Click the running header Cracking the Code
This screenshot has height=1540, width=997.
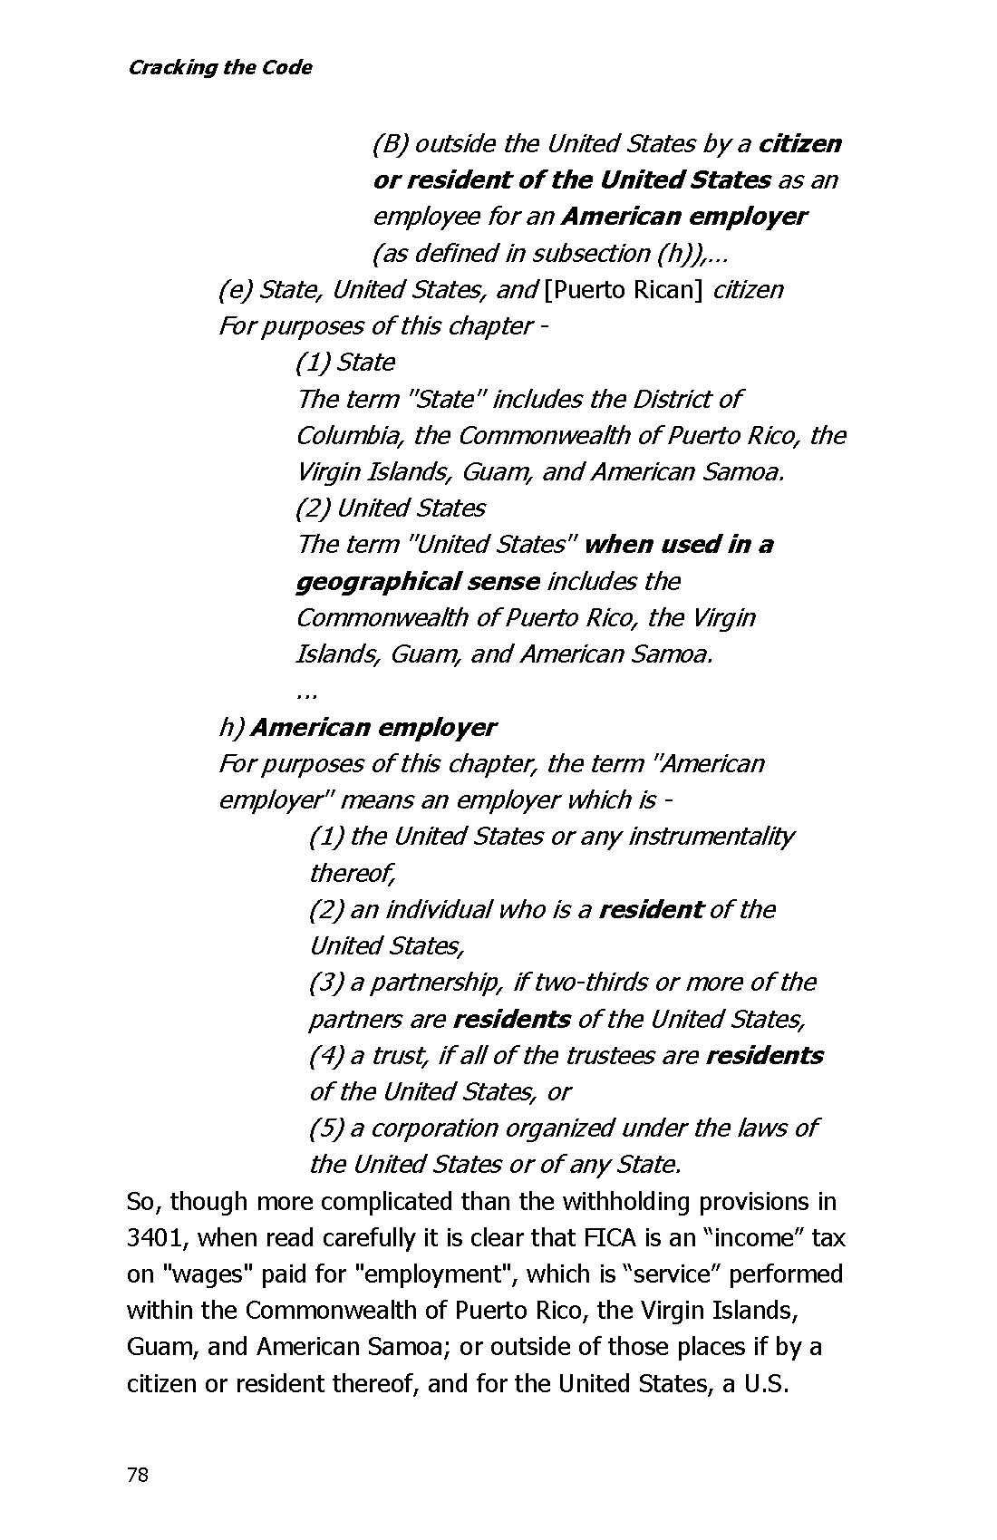[219, 68]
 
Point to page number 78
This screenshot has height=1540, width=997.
[138, 1475]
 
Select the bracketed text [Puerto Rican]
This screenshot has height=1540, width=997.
[624, 290]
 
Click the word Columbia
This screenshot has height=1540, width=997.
[349, 436]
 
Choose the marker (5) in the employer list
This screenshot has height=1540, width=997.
[325, 1128]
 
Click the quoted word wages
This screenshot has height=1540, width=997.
[208, 1274]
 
